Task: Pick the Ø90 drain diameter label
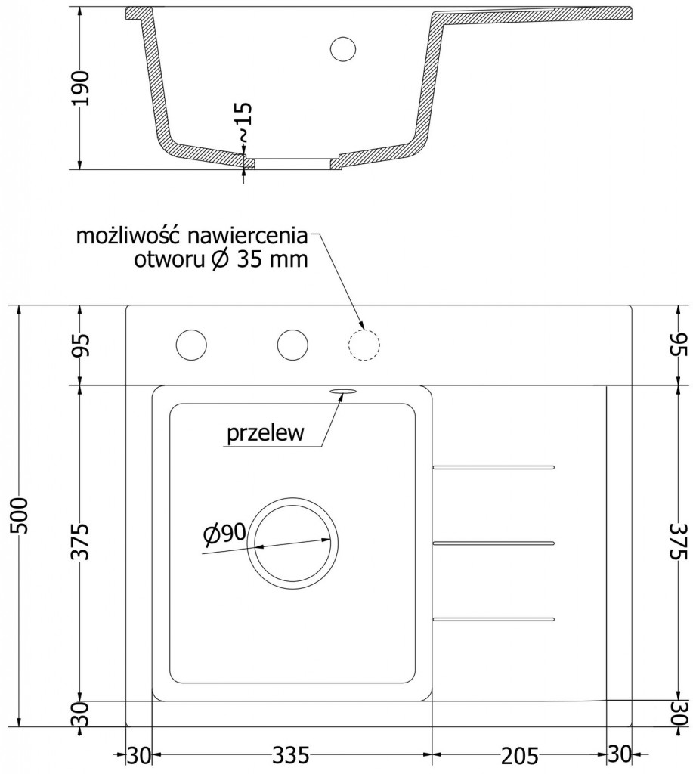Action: [224, 534]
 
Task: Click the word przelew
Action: [265, 434]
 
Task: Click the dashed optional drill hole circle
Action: [364, 345]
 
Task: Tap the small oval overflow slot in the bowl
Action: [342, 391]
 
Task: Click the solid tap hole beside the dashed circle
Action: [292, 345]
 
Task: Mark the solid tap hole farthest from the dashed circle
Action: [191, 345]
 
